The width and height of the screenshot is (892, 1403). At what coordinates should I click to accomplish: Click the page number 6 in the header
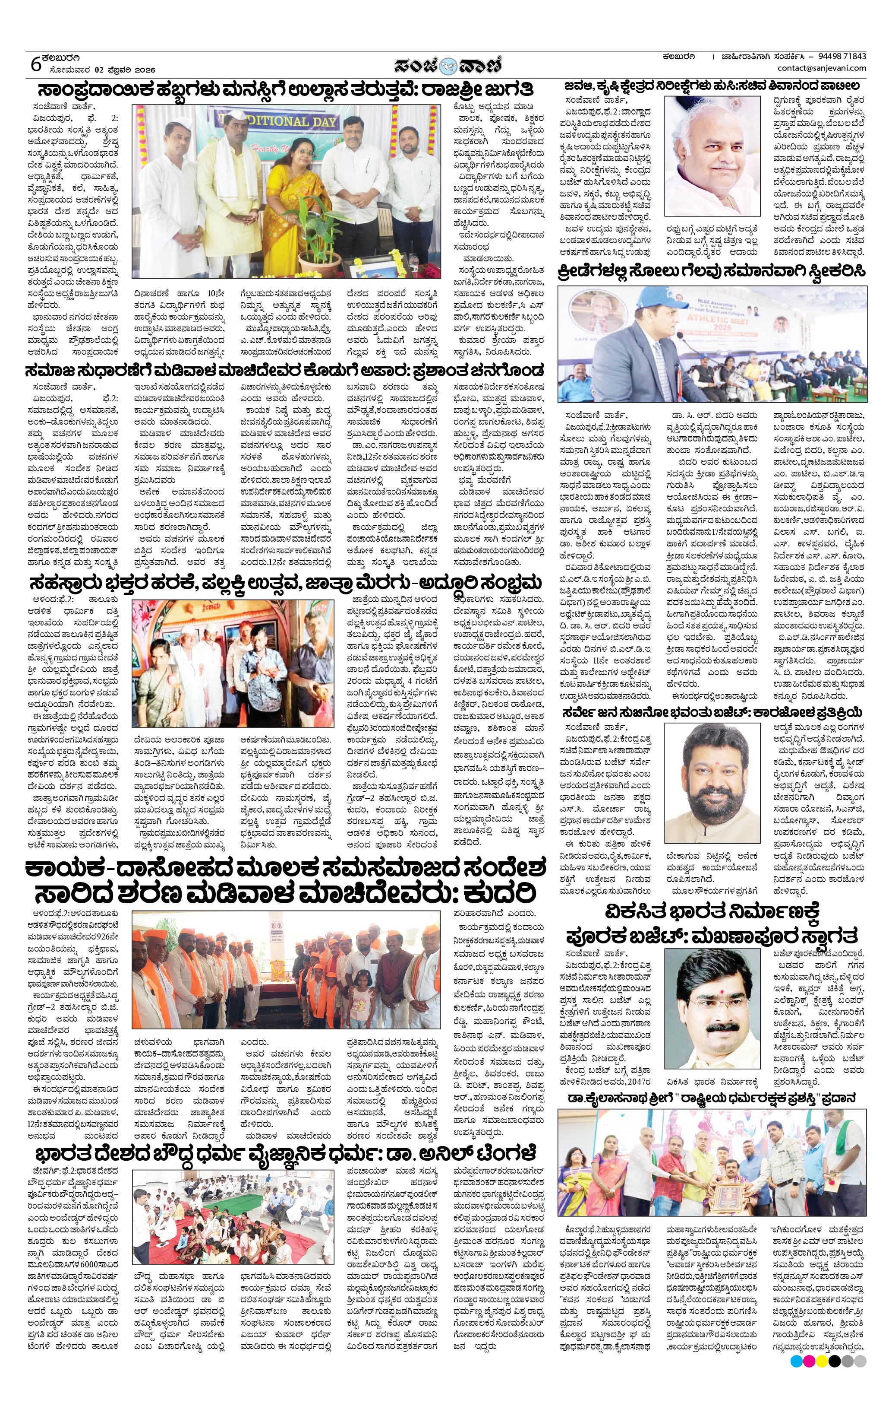point(36,63)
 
